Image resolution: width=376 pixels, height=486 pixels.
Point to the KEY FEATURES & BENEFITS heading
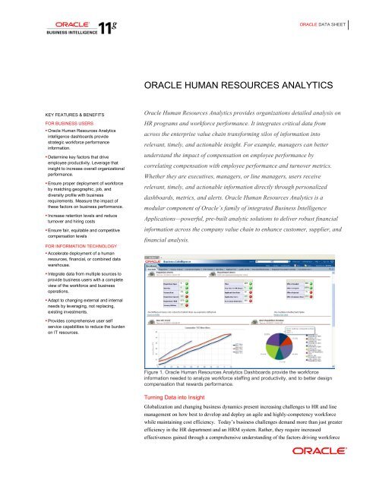[46, 112]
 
